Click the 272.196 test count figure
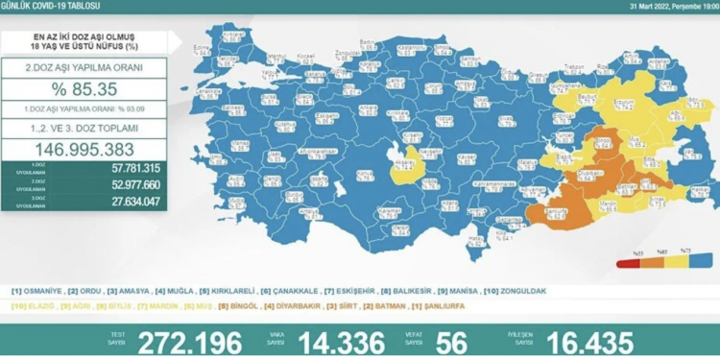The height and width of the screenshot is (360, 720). pyautogui.click(x=187, y=342)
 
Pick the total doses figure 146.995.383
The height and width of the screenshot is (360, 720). pyautogui.click(x=84, y=151)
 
